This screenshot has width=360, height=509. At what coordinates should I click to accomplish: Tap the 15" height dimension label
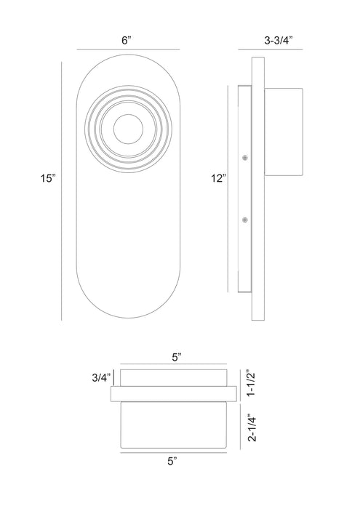point(48,178)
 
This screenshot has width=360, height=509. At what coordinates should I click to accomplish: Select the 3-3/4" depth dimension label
point(279,41)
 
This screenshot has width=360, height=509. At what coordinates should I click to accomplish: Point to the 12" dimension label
point(218,178)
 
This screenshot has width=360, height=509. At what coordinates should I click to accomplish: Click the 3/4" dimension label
point(101,377)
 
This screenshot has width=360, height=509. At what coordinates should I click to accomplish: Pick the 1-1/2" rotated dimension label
point(252,383)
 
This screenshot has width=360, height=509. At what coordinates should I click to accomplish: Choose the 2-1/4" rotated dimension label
point(252,428)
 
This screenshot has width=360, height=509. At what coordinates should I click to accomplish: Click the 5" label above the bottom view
point(176,358)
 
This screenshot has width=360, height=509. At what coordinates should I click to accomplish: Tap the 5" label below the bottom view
point(172,461)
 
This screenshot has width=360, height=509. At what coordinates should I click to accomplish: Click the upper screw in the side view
point(245,158)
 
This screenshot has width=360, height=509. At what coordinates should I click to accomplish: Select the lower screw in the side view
point(245,220)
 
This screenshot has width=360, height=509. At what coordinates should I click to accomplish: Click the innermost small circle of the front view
point(128,129)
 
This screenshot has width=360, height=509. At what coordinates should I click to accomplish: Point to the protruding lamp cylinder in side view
point(284,132)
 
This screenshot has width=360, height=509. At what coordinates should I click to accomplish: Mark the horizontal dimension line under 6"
point(128,49)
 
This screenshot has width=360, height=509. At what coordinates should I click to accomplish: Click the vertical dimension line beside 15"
point(62,191)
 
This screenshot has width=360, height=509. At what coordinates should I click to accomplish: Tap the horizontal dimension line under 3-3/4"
point(271,49)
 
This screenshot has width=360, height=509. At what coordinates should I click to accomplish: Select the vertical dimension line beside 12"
point(228,189)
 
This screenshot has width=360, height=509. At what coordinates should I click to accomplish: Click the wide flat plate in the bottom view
point(174,394)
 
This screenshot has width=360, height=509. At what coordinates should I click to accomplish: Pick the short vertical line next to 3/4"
point(114,378)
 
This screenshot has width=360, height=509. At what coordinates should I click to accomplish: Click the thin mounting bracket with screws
point(245,189)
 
